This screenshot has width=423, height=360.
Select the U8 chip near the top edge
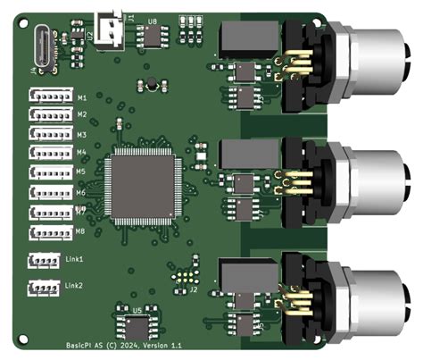pyautogui.click(x=153, y=36)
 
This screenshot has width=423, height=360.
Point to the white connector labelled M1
pyautogui.click(x=50, y=96)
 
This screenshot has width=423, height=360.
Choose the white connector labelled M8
pyautogui.click(x=50, y=232)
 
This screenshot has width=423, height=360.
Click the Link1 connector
pyautogui.click(x=45, y=260)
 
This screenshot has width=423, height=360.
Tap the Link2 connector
pyautogui.click(x=45, y=288)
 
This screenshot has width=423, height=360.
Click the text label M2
pyautogui.click(x=81, y=115)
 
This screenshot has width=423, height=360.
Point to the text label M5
pyautogui.click(x=81, y=172)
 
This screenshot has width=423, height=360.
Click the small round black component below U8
pyautogui.click(x=152, y=85)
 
